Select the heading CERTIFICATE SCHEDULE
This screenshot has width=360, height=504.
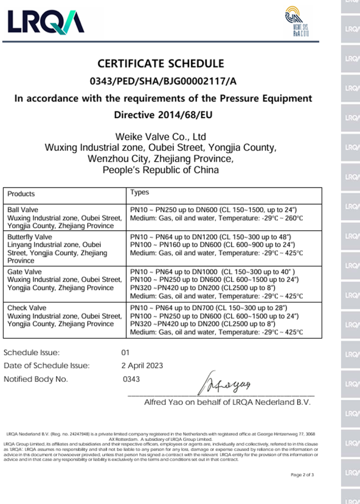click(x=161, y=63)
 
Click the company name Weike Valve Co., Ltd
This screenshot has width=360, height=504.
click(x=161, y=137)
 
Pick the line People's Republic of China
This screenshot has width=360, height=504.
click(x=161, y=170)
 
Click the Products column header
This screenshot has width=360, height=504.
click(x=21, y=194)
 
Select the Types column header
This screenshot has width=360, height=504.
click(x=140, y=192)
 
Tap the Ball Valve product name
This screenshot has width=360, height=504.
click(x=23, y=209)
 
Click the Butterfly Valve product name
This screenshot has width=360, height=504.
click(x=30, y=237)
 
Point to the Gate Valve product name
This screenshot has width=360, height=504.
click(x=24, y=272)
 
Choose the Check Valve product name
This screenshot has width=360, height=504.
click(x=26, y=308)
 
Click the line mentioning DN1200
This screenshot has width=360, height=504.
click(x=212, y=237)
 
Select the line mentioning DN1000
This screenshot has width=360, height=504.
click(x=212, y=272)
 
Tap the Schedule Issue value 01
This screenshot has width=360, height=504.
click(x=125, y=352)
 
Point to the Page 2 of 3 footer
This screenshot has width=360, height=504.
click(x=302, y=474)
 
